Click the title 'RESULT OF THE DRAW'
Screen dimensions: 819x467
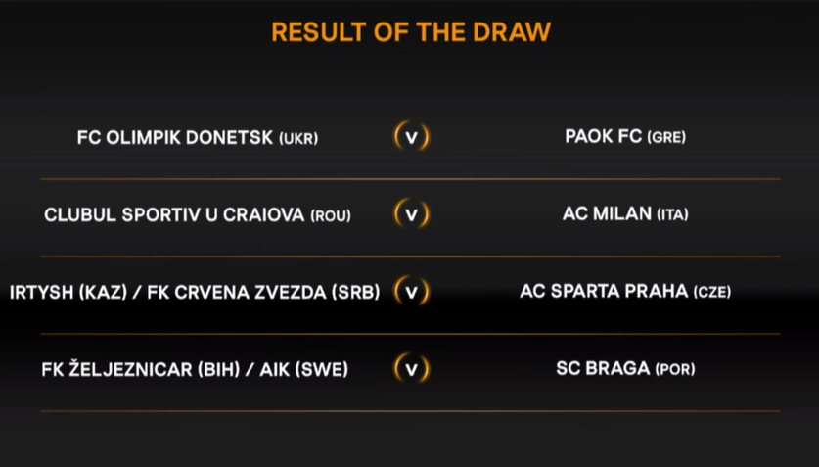(411, 32)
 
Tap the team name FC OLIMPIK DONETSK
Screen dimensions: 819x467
(175, 138)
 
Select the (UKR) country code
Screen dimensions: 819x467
(298, 139)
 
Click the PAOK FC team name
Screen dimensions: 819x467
(604, 136)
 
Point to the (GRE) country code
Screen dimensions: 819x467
(666, 137)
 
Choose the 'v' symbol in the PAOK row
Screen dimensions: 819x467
(412, 137)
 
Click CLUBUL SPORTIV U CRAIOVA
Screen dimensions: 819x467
(174, 215)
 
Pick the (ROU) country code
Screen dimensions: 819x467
(331, 216)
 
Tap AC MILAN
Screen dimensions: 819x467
(607, 213)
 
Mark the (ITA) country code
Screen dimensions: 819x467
(673, 214)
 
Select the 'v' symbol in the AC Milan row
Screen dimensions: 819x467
(412, 214)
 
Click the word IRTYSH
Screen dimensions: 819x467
(42, 293)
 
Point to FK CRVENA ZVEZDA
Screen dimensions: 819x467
(237, 293)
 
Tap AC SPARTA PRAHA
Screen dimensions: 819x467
(604, 291)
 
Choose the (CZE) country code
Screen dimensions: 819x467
(712, 292)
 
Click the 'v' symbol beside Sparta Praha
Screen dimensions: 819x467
(412, 292)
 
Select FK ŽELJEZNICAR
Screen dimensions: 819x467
(117, 369)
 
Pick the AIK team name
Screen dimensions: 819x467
(275, 370)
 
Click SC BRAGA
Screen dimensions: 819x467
(603, 368)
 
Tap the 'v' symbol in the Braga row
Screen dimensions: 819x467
(412, 369)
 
